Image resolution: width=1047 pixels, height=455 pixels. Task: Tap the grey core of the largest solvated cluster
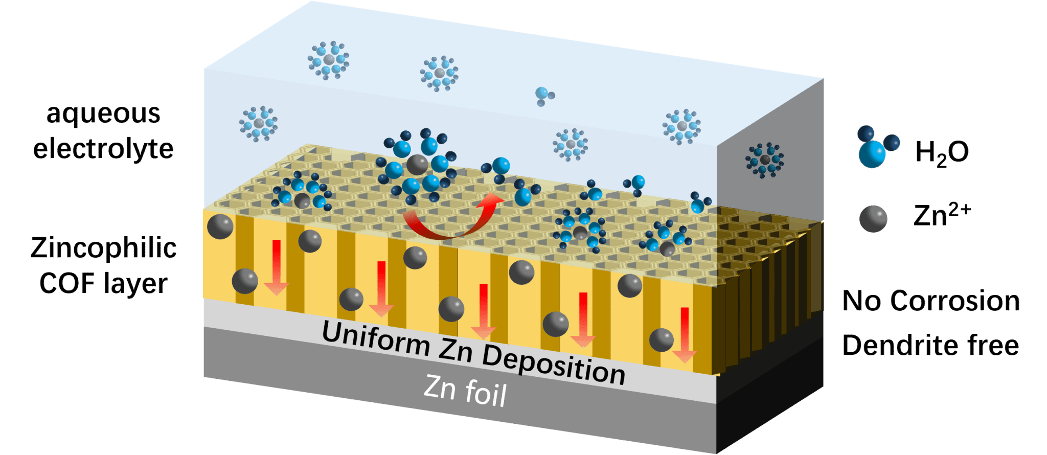pos(417,165)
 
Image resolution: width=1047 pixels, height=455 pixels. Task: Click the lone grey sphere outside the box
pos(873,219)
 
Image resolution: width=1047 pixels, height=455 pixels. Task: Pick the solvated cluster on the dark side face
pos(765,160)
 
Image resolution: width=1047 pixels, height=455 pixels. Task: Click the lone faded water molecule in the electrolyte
pos(543,95)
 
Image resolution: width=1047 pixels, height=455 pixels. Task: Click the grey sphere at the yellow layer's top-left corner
pos(220,226)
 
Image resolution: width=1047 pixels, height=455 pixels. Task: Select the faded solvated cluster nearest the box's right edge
pos(681,126)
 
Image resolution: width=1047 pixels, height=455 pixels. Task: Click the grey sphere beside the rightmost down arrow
pos(661,340)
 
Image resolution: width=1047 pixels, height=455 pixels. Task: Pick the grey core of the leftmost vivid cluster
pos(302,200)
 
